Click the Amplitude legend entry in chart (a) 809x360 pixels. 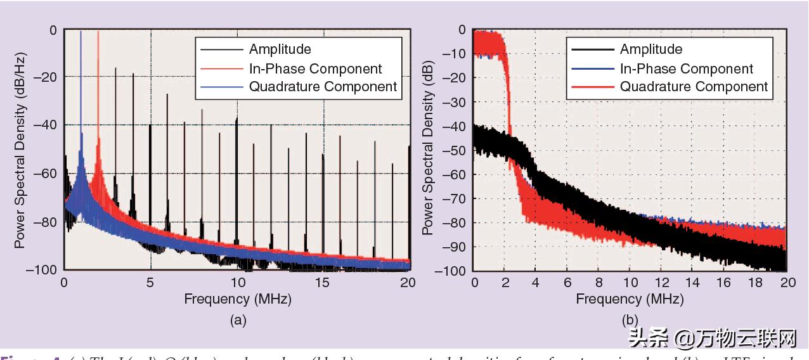coord(280,49)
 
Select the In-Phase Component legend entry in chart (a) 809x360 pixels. coord(315,68)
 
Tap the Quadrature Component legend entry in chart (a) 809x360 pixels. coord(323,87)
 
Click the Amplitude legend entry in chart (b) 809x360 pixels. coord(650,49)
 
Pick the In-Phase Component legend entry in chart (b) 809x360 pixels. coord(686,68)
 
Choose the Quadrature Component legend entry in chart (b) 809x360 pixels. coord(694,87)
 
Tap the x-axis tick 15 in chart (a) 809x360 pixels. coord(324,283)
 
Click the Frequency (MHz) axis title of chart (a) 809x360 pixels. coord(238,299)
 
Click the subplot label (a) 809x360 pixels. coord(238,320)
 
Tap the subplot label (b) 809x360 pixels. coord(630,320)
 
